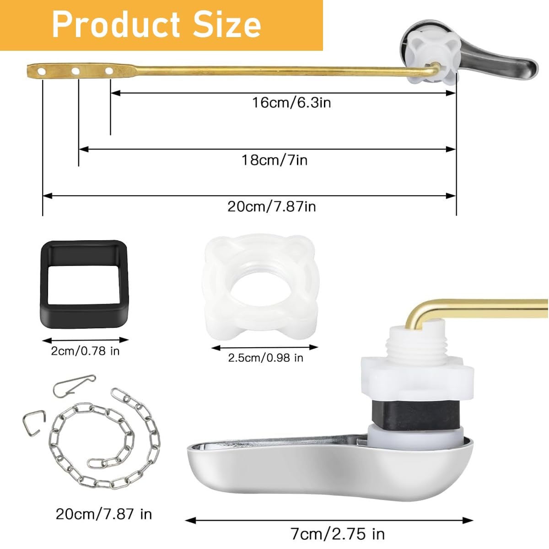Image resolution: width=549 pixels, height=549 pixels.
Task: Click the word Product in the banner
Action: tap(116, 25)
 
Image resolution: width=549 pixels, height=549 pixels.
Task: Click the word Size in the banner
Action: tap(227, 25)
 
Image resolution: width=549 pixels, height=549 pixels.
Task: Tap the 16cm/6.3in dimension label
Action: tap(291, 102)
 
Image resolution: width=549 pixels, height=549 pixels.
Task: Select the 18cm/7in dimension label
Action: tap(274, 160)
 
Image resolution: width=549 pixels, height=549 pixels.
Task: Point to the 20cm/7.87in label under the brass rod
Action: tap(272, 206)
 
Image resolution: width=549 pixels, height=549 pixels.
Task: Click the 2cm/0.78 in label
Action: tap(85, 351)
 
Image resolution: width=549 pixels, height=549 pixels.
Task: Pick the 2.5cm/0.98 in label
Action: tap(265, 358)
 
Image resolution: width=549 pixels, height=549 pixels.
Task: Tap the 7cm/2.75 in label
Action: tap(338, 533)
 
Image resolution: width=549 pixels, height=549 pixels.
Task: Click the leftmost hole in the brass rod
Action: tap(42, 71)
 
